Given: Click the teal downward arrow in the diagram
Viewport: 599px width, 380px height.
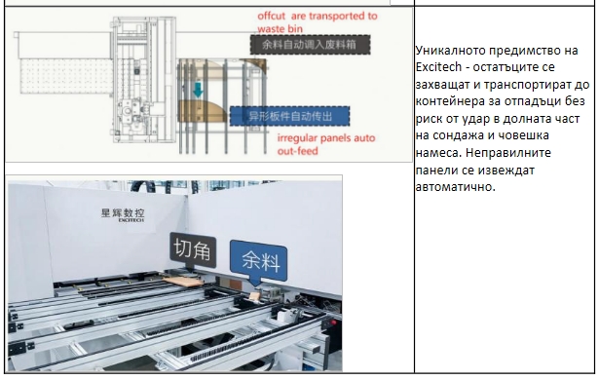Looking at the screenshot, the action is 198,90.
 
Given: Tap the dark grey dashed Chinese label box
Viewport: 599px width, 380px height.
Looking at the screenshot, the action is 310,45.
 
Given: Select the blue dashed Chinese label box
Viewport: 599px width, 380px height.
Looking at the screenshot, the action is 289,116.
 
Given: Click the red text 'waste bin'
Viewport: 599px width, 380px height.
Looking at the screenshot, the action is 280,29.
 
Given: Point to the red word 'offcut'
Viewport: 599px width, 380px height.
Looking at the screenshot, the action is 271,16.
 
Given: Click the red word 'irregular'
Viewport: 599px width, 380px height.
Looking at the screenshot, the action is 300,138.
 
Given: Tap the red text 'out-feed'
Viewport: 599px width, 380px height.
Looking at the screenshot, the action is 298,151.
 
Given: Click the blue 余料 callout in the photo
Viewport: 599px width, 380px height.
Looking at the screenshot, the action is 259,261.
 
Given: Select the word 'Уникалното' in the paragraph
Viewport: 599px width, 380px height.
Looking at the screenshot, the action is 450,51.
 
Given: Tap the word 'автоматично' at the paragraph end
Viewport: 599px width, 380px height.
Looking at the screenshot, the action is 455,187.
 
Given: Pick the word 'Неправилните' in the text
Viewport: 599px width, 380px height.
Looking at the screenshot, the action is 508,153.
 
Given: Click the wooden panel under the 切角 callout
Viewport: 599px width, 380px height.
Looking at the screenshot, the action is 183,281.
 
